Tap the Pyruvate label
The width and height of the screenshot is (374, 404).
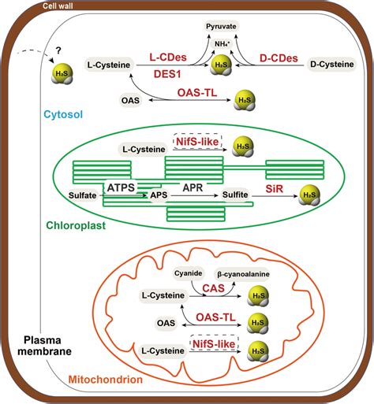pyautogui.click(x=217, y=26)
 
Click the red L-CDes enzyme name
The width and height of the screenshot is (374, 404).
pyautogui.click(x=169, y=57)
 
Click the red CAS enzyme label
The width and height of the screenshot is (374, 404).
pyautogui.click(x=211, y=289)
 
